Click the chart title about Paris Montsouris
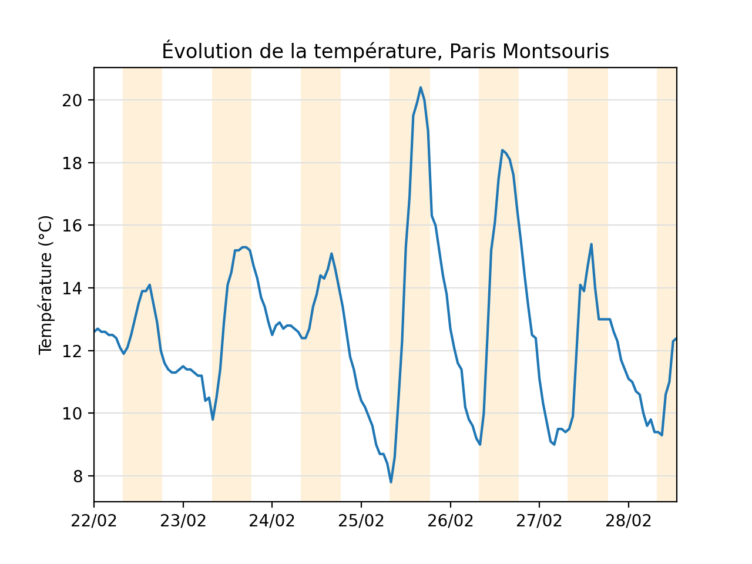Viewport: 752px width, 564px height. click(385, 52)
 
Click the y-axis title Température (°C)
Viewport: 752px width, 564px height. click(46, 285)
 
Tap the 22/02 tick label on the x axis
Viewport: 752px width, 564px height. click(94, 521)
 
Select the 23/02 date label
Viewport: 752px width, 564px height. click(183, 521)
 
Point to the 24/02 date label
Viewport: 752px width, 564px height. click(272, 521)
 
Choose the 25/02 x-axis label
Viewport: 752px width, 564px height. click(361, 521)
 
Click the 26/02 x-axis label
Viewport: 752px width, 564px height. click(451, 521)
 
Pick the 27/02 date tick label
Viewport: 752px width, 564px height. click(539, 521)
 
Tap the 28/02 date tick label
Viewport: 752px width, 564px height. click(629, 521)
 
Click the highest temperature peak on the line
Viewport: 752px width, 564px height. click(421, 88)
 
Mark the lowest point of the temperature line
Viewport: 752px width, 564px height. click(391, 482)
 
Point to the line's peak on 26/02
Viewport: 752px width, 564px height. click(502, 150)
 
